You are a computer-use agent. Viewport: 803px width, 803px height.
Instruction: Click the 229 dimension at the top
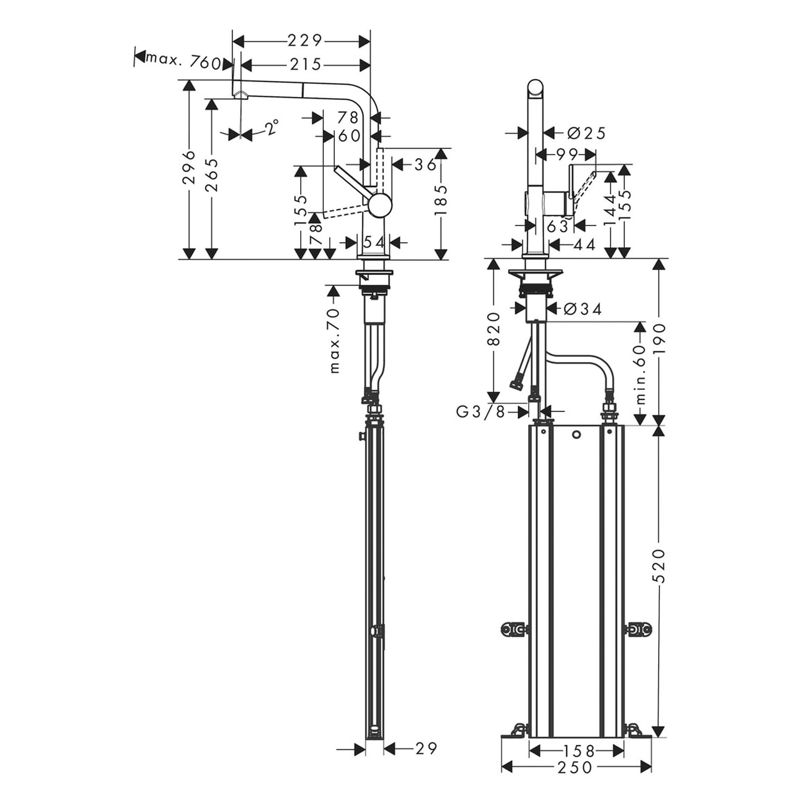pyautogui.click(x=305, y=41)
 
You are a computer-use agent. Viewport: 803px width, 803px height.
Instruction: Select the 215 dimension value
pyautogui.click(x=305, y=65)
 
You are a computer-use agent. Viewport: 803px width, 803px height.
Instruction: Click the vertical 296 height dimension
pyautogui.click(x=189, y=167)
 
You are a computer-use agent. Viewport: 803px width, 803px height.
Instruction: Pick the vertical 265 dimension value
pyautogui.click(x=212, y=175)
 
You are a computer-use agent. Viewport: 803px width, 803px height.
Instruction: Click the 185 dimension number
pyautogui.click(x=440, y=200)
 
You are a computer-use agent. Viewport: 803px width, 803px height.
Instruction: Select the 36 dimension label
pyautogui.click(x=425, y=164)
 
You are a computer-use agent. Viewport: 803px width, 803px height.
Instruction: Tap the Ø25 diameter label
pyautogui.click(x=586, y=133)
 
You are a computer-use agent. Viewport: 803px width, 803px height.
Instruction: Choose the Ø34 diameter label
pyautogui.click(x=583, y=309)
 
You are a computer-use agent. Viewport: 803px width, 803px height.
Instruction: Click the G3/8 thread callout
pyautogui.click(x=481, y=412)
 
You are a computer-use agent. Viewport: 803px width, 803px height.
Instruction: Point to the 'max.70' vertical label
pyautogui.click(x=334, y=341)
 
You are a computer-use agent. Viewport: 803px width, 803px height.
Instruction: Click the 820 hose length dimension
pyautogui.click(x=494, y=329)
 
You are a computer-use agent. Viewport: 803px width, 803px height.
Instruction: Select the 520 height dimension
pyautogui.click(x=658, y=565)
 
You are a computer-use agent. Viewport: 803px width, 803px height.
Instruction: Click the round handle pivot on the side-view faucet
pyautogui.click(x=379, y=205)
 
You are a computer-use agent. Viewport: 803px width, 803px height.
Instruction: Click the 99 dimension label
pyautogui.click(x=567, y=155)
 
